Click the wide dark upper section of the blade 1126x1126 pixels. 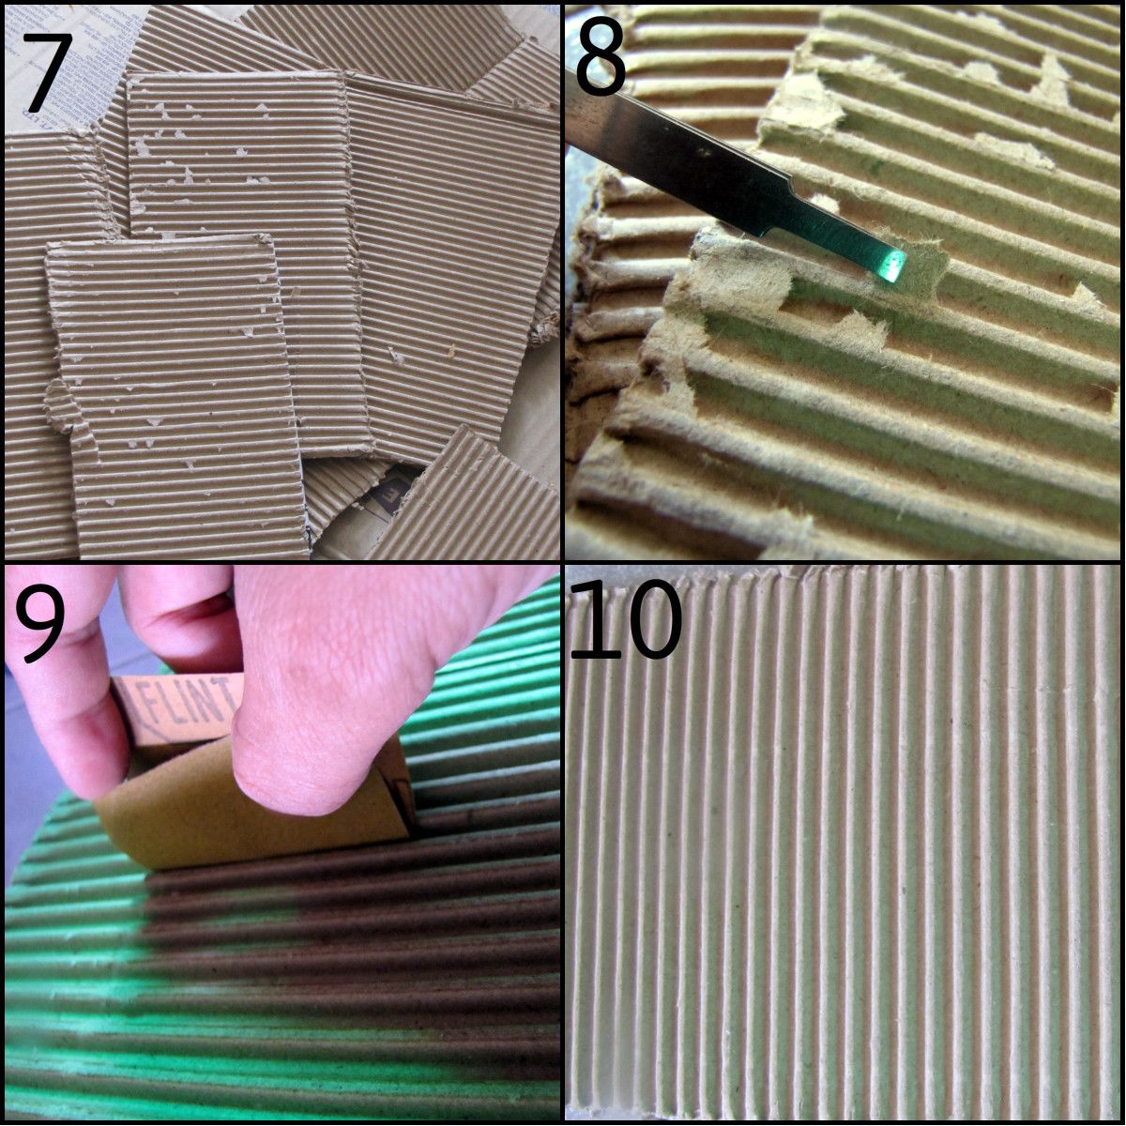coord(676,150)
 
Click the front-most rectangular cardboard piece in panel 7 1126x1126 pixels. coord(178,394)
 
